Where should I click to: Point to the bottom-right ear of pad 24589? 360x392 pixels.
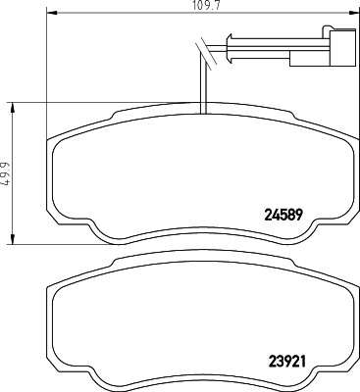pyautogui.click(x=311, y=234)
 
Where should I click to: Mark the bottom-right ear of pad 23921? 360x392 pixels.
pyautogui.click(x=311, y=383)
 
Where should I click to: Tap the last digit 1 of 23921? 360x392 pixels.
pyautogui.click(x=310, y=359)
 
